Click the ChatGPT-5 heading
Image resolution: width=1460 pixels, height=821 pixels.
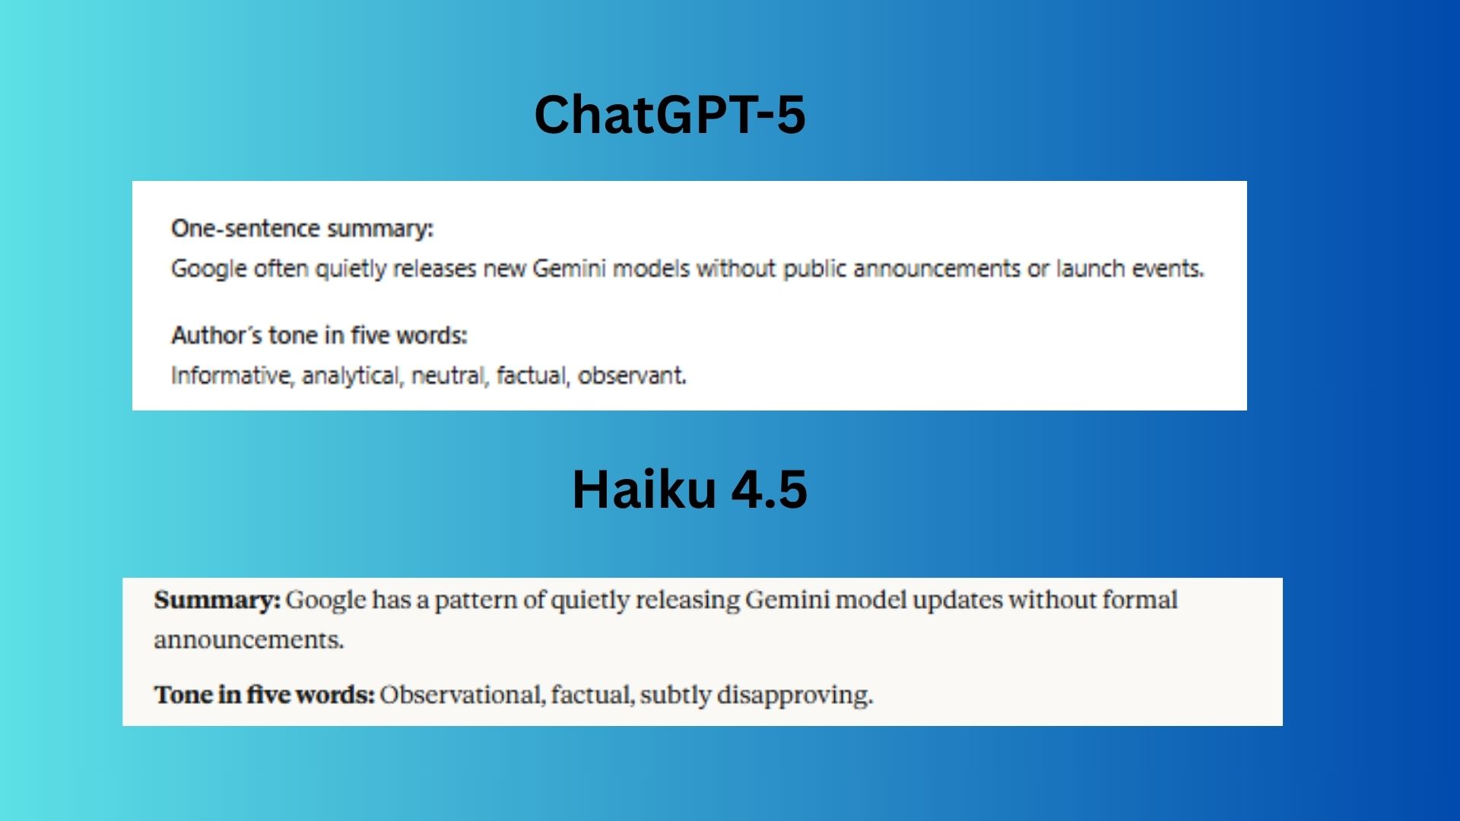click(x=670, y=115)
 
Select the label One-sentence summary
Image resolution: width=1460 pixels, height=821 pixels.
click(x=302, y=229)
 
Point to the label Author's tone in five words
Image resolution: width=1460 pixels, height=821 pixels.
click(x=319, y=335)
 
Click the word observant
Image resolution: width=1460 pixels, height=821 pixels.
click(x=632, y=376)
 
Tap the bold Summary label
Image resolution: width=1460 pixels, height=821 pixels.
click(x=217, y=601)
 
